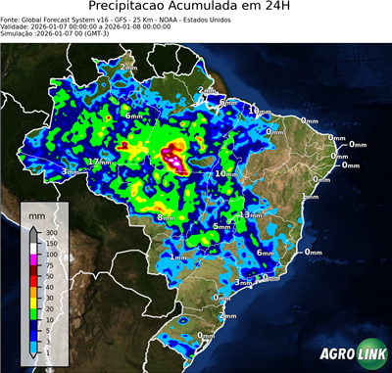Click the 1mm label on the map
tap(178, 256)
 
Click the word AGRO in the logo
tap(336, 354)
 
